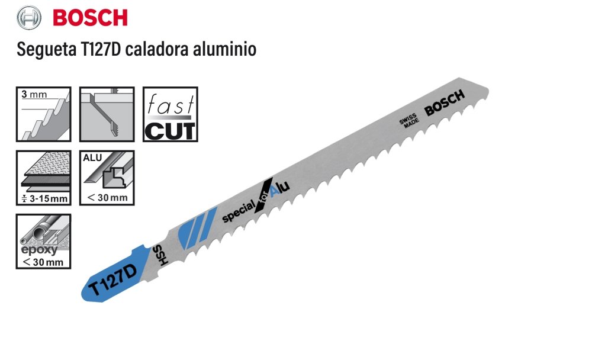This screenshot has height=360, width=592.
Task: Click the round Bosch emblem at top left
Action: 28,18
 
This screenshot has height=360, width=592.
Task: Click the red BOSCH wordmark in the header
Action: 90,18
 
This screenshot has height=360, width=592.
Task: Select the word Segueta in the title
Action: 46,50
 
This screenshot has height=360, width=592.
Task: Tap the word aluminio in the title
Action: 224,49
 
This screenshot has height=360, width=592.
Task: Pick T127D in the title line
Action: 101,49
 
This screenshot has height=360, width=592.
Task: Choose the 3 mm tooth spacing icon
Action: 43,114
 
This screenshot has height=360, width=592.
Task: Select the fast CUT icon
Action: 170,114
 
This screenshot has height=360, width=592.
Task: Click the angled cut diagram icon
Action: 107,114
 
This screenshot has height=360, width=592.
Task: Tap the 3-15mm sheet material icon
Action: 43,178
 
